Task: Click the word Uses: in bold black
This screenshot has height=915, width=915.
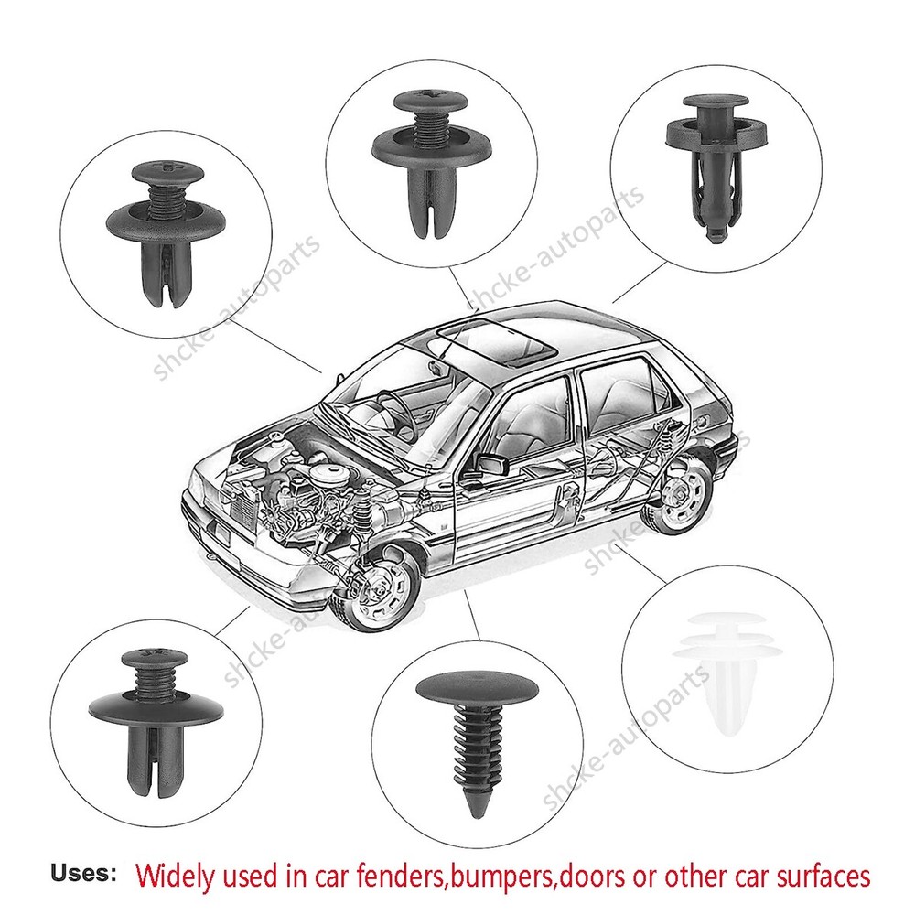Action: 83,873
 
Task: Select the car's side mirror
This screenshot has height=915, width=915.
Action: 490,465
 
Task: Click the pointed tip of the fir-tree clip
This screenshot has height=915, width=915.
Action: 477,814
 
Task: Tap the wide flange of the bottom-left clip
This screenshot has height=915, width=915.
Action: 156,709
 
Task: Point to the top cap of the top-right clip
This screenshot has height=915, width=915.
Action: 716,101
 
